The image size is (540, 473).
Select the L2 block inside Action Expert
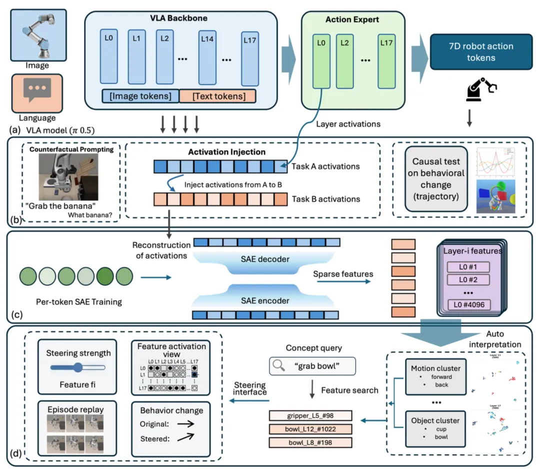point(344,61)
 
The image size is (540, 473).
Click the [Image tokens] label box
point(139,96)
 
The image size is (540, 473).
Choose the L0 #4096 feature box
point(469,304)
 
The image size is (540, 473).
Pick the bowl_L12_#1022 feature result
point(310,429)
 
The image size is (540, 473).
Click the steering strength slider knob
point(78,367)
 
